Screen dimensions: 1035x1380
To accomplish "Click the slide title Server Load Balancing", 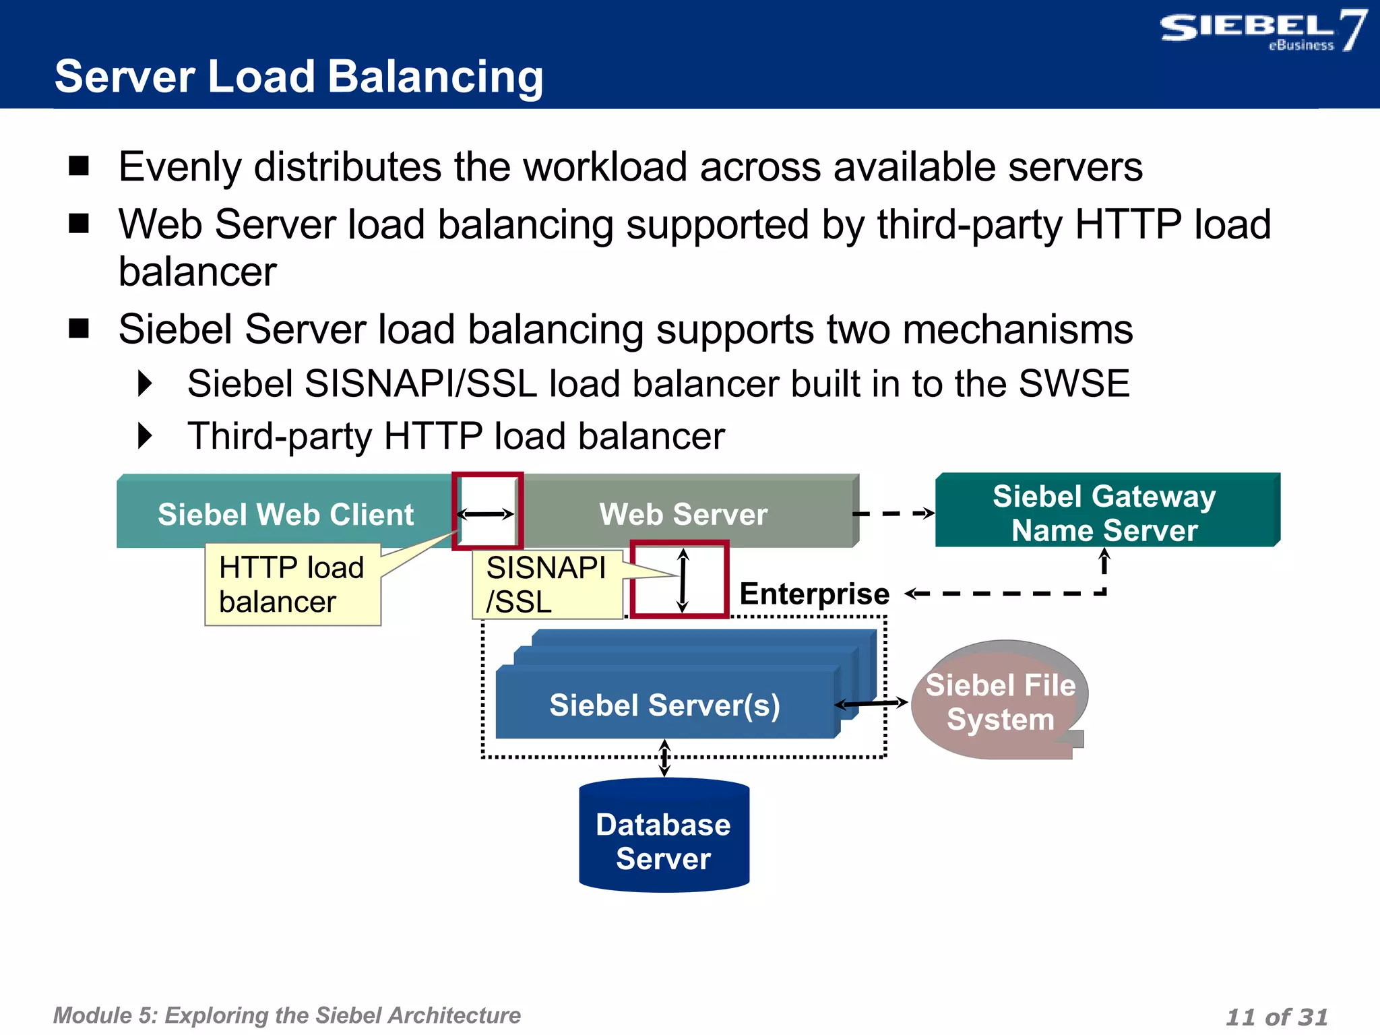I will tap(299, 76).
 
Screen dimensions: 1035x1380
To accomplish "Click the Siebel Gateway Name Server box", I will tap(1105, 513).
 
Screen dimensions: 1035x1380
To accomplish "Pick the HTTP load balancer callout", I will tap(292, 584).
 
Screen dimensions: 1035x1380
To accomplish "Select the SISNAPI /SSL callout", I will tap(546, 584).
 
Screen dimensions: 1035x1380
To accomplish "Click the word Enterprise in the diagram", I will tap(814, 594).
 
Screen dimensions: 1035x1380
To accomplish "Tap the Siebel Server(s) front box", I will tap(664, 705).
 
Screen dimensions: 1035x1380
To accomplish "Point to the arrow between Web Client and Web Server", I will tap(486, 514).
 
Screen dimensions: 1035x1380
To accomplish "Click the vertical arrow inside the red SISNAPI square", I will tap(683, 580).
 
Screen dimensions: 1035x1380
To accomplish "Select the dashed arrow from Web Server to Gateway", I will tap(893, 513).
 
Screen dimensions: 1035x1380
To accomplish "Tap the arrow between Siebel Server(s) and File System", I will tap(871, 703).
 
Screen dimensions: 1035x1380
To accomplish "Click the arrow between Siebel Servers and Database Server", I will tap(664, 758).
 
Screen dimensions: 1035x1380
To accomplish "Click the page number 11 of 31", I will tap(1276, 1016).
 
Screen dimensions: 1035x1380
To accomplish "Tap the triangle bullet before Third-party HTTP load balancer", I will tap(145, 436).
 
